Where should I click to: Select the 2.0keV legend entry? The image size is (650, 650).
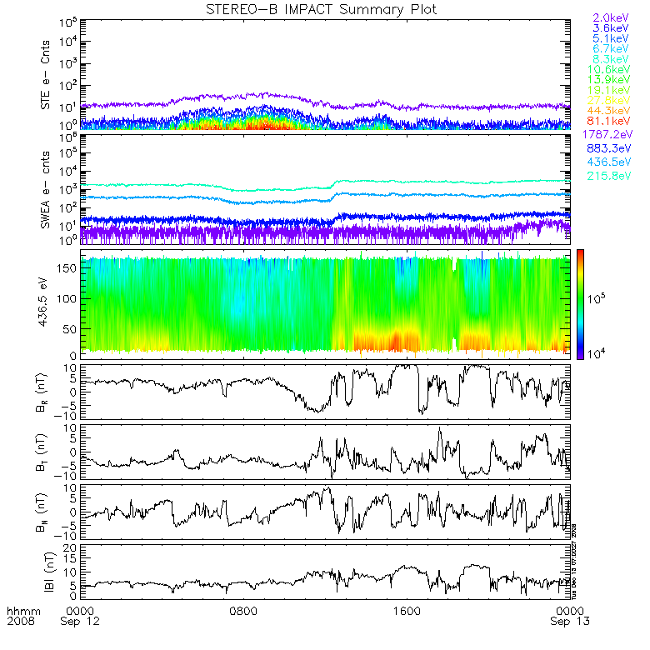pos(610,17)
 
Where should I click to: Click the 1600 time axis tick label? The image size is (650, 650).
pos(406,610)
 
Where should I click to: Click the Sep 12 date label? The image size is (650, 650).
pos(81,622)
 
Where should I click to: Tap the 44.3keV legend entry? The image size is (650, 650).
pos(610,111)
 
